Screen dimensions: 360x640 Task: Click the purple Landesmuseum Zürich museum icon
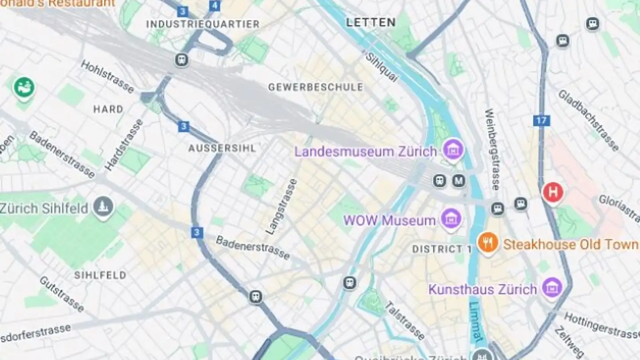[x=453, y=150]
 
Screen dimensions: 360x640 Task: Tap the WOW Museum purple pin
[x=451, y=219]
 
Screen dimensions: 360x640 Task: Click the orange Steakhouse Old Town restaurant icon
[x=488, y=243]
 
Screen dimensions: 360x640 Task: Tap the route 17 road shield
[x=541, y=120]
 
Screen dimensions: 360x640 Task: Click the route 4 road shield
[x=215, y=6]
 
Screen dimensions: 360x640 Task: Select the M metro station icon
[x=459, y=181]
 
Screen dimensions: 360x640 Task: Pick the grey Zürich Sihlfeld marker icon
[x=103, y=207]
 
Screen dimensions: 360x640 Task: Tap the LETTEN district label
[x=371, y=22]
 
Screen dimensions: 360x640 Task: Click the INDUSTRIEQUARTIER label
[x=203, y=24]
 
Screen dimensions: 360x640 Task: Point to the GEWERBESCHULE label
[x=315, y=87]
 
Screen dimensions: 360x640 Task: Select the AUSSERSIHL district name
[x=222, y=148]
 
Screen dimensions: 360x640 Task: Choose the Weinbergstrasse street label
[x=492, y=149]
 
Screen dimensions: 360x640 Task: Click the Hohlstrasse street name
[x=107, y=76]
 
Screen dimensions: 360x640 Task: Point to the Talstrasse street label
[x=404, y=321]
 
